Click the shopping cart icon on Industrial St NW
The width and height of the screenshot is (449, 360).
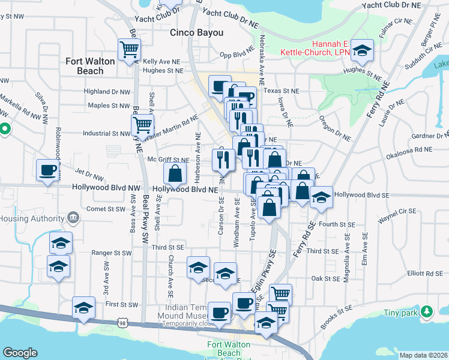click(x=142, y=125)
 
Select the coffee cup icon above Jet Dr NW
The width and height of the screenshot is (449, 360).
click(x=47, y=170)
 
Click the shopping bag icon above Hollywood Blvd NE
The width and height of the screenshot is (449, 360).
click(x=174, y=174)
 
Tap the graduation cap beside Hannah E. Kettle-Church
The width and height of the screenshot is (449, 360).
click(x=362, y=51)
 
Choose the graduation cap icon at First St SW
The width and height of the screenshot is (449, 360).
click(x=83, y=308)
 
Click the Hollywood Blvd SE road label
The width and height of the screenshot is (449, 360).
click(x=362, y=195)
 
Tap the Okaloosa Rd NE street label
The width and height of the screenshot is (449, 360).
click(x=410, y=149)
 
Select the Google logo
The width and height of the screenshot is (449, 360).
click(x=20, y=353)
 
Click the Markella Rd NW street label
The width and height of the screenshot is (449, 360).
click(x=14, y=103)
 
